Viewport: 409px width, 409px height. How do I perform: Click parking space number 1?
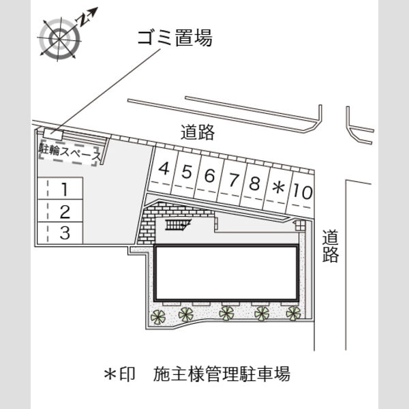pos(60,188)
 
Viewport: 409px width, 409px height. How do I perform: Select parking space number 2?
pos(60,211)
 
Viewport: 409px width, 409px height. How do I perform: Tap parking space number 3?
pos(60,233)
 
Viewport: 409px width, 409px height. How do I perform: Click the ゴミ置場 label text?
pos(175,38)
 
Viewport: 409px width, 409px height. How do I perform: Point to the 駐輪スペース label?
pos(70,153)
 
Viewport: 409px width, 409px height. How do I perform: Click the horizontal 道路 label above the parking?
pos(198,132)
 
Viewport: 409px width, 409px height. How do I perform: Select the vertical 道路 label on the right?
pos(330,245)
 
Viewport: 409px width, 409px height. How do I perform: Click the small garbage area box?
pos(53,134)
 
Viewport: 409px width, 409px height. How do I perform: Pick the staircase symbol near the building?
pos(178,224)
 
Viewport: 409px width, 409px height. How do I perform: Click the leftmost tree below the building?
pos(158,316)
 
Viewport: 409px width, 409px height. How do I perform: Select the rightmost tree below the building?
pos(293,313)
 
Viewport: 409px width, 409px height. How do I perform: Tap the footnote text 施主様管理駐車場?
pos(222,374)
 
